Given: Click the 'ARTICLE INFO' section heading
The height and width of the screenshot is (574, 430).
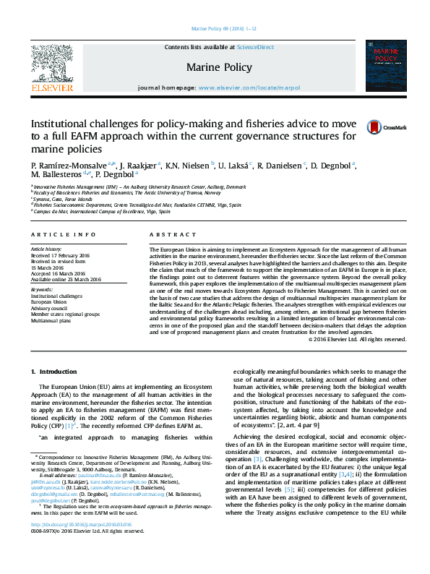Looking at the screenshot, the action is point(63,234).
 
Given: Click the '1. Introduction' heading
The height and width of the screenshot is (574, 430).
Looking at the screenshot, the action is point(53,372).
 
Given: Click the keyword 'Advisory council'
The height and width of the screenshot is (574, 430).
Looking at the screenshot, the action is point(51,308).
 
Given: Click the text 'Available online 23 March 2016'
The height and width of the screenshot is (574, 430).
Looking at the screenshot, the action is point(66,279).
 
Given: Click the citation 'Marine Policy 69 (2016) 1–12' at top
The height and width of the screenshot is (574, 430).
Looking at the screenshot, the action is point(214,29).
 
